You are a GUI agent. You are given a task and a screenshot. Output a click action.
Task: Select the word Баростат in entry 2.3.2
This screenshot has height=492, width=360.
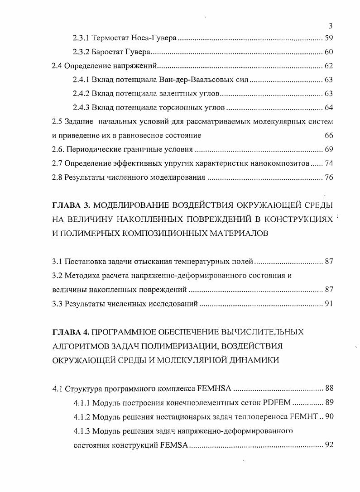click(107, 52)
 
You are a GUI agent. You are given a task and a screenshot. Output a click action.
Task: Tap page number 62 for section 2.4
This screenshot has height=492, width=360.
click(329, 66)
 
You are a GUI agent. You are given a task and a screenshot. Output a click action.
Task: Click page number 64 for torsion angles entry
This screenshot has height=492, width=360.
click(329, 108)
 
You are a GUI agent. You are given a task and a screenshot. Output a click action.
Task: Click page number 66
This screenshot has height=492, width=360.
click(329, 135)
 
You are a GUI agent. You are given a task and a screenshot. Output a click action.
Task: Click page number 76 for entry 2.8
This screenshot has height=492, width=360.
click(329, 177)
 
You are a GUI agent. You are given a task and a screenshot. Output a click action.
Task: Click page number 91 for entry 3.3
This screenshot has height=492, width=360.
click(329, 304)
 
